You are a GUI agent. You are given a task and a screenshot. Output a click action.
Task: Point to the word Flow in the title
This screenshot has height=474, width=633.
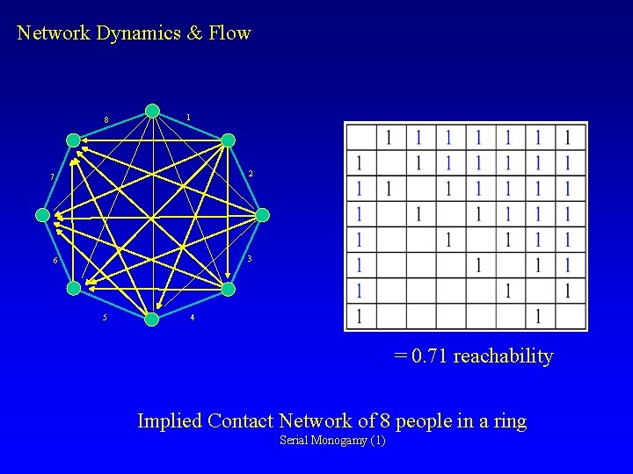pyautogui.click(x=230, y=33)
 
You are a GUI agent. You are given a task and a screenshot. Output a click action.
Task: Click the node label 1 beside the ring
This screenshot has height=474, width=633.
pyautogui.click(x=188, y=117)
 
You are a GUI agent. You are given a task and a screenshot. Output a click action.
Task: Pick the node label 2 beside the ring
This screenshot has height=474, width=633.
pyautogui.click(x=251, y=174)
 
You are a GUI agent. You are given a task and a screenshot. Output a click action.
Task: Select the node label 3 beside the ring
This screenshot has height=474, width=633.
pyautogui.click(x=250, y=258)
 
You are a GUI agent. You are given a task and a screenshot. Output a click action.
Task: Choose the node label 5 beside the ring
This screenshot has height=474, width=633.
pyautogui.click(x=105, y=317)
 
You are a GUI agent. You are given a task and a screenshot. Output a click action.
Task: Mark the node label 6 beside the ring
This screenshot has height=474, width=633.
pyautogui.click(x=55, y=262)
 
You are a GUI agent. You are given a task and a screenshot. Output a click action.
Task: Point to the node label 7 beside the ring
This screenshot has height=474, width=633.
pyautogui.click(x=52, y=177)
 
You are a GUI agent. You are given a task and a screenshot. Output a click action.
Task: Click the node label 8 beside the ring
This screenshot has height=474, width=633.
pyautogui.click(x=105, y=120)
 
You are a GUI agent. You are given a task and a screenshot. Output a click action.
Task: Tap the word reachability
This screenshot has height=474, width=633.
pyautogui.click(x=504, y=356)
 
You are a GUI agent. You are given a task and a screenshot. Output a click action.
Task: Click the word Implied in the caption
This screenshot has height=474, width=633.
pyautogui.click(x=170, y=421)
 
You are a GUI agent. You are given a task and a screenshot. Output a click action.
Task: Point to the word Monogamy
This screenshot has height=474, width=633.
pyautogui.click(x=338, y=440)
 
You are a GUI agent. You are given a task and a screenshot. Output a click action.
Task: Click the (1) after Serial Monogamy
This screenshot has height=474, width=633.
pyautogui.click(x=377, y=440)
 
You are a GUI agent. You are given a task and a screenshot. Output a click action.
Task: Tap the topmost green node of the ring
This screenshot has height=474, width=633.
pyautogui.click(x=152, y=111)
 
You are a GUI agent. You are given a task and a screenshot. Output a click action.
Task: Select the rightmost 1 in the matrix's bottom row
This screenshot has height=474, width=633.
pyautogui.click(x=539, y=315)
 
